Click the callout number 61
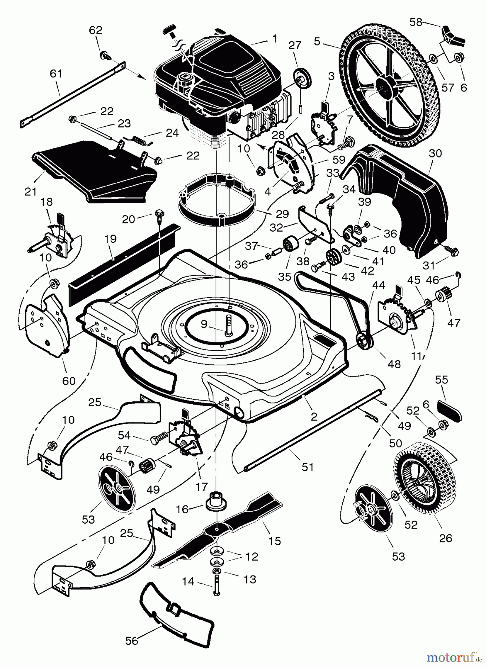(56, 74)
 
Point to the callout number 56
(132, 640)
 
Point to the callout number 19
(111, 239)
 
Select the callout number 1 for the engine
(274, 38)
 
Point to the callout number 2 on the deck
(314, 417)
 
